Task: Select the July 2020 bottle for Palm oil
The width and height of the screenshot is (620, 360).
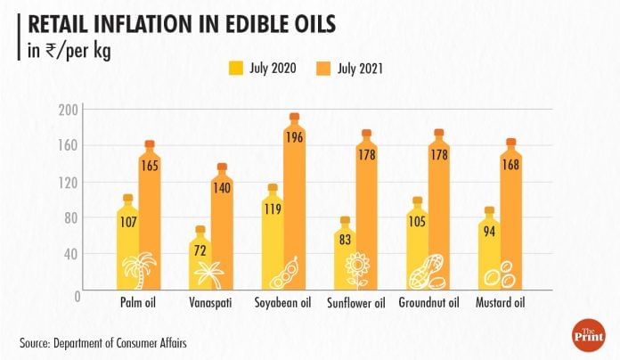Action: click(x=128, y=241)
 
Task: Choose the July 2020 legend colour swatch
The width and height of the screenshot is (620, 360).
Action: click(x=238, y=67)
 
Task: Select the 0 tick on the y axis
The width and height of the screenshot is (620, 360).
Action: click(x=77, y=294)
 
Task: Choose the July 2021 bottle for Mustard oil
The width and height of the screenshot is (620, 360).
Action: click(x=510, y=214)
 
